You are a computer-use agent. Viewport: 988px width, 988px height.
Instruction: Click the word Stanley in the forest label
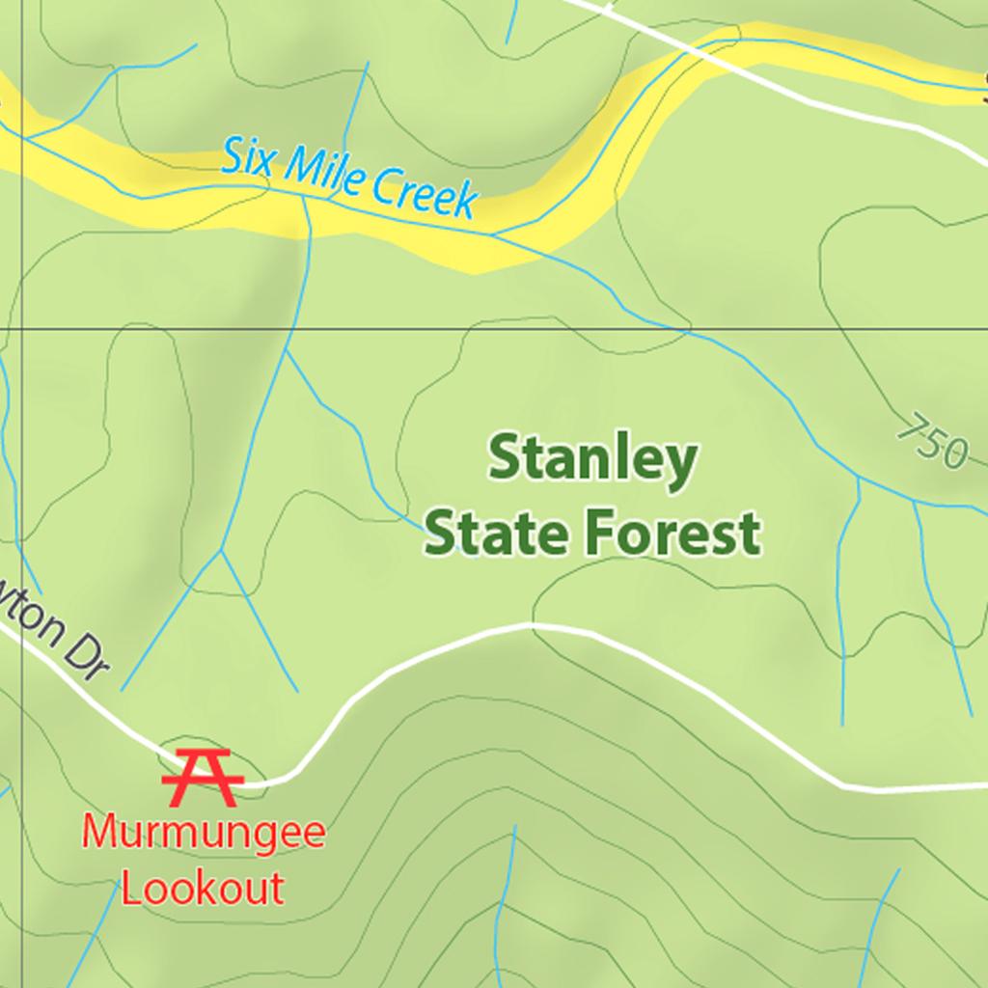point(591,459)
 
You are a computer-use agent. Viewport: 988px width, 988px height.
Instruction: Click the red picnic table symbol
point(198,776)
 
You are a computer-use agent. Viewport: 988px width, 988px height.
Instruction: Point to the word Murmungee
point(203,833)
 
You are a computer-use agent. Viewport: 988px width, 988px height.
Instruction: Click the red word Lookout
point(203,888)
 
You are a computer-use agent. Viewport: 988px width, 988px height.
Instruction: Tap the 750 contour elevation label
point(932,441)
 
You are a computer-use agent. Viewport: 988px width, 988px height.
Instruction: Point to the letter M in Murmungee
point(98,833)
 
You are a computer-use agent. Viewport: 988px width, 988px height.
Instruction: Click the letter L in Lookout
point(129,888)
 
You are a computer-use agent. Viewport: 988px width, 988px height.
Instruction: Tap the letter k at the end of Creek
point(467,201)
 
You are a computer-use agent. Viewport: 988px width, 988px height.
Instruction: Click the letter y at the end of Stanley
point(681,465)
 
